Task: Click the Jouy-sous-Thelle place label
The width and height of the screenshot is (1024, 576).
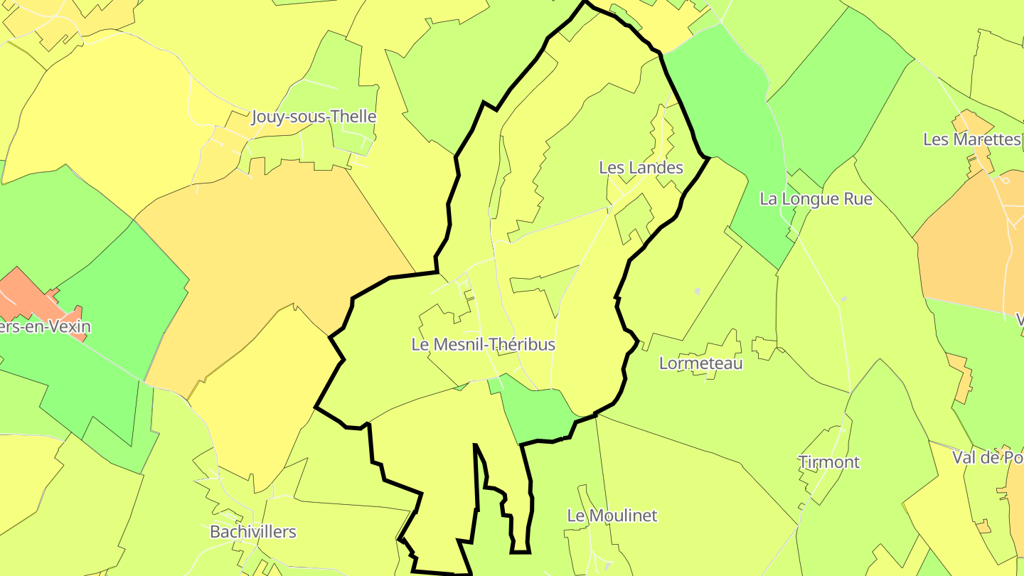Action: coord(314,117)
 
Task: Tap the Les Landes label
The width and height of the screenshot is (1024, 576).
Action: coord(641,168)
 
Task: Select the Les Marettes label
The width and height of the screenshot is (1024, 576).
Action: coord(971,139)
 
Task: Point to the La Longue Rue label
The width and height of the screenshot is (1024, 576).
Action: coord(816,199)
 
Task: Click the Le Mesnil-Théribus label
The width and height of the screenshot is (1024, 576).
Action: coord(483,345)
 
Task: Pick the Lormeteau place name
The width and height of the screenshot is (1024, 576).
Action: coord(700,363)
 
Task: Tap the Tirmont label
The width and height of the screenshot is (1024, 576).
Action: coord(828,462)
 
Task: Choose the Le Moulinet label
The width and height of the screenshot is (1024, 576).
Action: coord(612,516)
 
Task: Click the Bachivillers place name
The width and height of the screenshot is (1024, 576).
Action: coord(252,532)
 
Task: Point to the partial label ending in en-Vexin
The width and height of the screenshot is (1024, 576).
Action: coord(46,328)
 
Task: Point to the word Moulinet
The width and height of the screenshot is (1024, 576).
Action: coord(623,516)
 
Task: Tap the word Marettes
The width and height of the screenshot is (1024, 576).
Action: coord(986,139)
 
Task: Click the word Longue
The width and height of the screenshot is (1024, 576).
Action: coord(809,199)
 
